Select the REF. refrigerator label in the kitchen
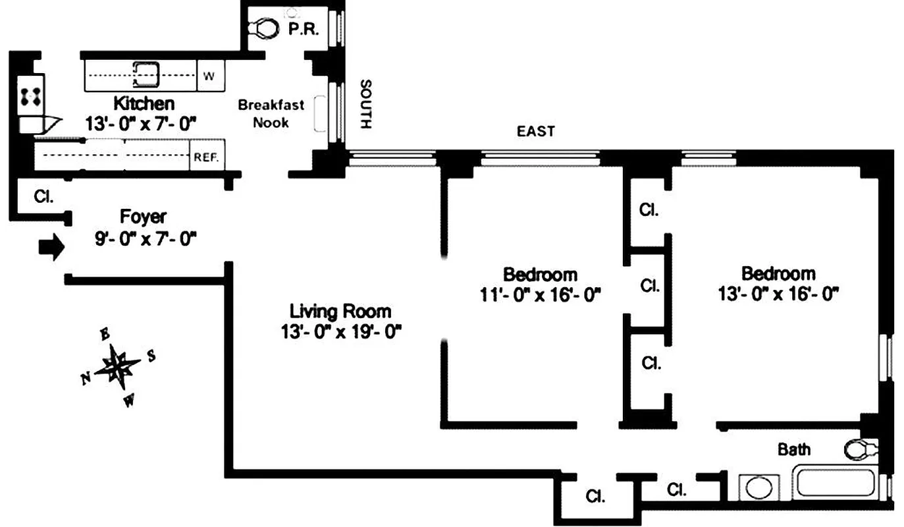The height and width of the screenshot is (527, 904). (206, 158)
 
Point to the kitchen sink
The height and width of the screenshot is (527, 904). (146, 74)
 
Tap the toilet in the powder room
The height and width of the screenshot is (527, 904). (263, 28)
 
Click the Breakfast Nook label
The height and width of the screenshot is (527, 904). (271, 113)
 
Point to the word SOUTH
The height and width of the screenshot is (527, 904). (367, 105)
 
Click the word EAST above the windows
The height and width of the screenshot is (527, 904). (536, 132)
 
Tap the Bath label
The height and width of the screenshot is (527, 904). (794, 450)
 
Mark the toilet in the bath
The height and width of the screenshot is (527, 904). (861, 449)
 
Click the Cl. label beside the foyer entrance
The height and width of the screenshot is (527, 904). (44, 196)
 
